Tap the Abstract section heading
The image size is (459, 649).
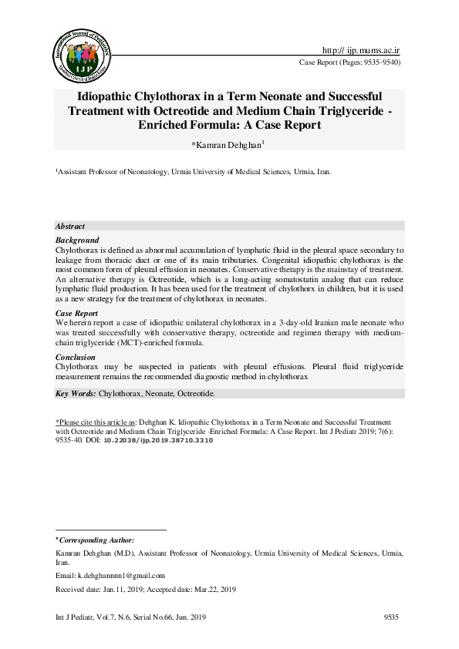(x=70, y=226)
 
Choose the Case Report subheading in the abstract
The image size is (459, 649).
(x=78, y=314)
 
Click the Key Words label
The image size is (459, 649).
(x=76, y=393)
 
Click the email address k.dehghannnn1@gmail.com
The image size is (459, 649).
(x=122, y=575)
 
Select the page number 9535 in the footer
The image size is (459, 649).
(x=393, y=617)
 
